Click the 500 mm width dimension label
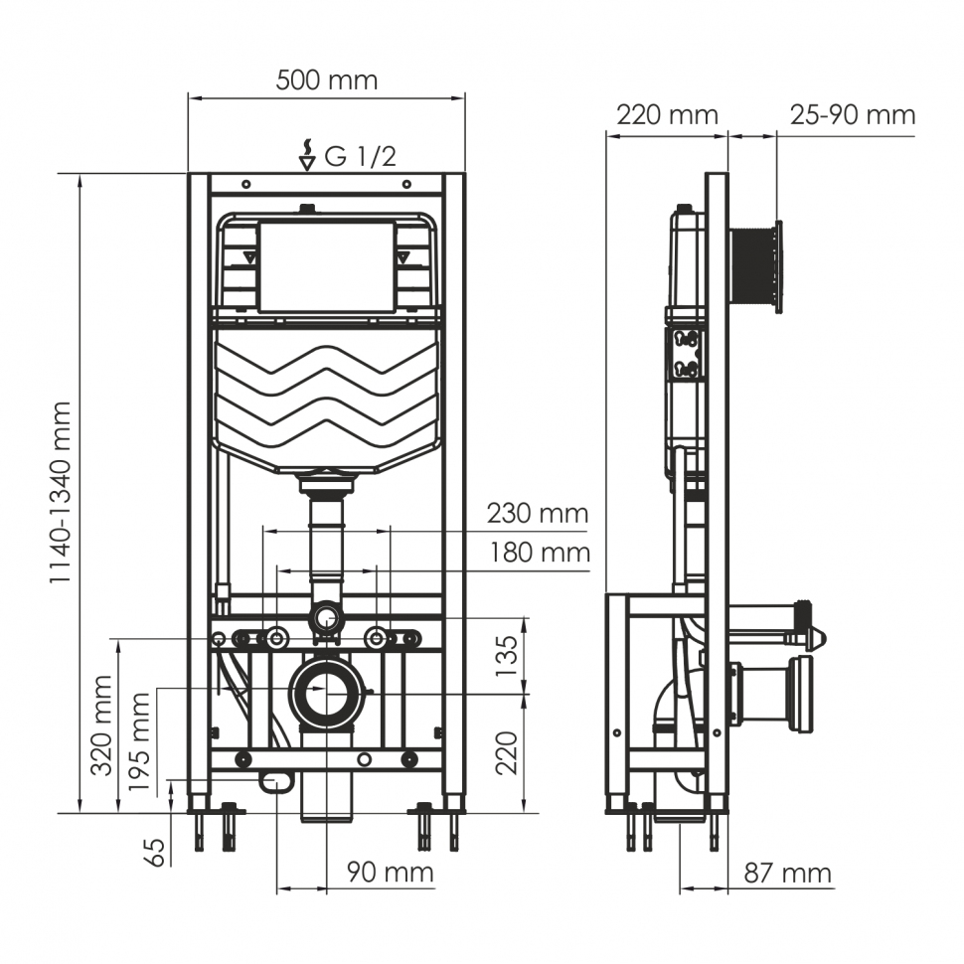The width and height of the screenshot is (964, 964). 326,80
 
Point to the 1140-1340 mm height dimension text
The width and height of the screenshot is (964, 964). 62,493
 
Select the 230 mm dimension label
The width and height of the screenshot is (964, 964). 537,514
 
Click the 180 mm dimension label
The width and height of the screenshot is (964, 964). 539,553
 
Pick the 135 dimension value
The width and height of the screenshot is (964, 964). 507,656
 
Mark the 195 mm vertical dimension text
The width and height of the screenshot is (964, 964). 140,741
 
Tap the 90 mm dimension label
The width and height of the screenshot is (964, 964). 390,873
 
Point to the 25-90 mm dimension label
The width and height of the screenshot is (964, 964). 852,115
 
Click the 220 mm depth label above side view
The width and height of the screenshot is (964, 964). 667,115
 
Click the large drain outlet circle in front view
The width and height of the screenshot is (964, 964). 326,693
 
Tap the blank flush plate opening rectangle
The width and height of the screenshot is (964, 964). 326,266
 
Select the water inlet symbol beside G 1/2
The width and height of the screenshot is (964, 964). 308,155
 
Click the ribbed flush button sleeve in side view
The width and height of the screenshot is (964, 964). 754,266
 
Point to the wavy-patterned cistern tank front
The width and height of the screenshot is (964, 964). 326,398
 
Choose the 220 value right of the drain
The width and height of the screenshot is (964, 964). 507,753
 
